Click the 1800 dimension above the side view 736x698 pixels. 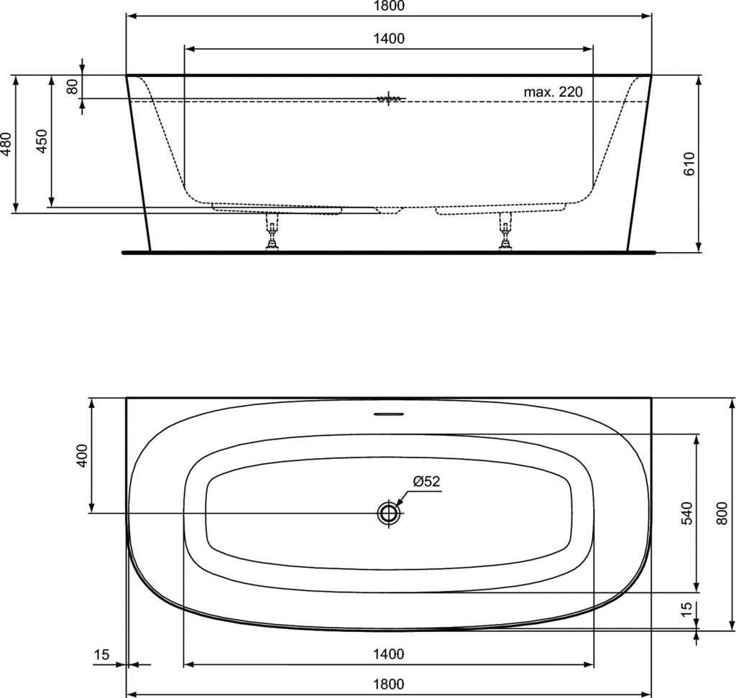coord(389,6)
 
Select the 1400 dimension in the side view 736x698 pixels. coord(389,39)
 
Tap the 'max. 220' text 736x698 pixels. coord(553,92)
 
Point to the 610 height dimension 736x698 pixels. coord(689,164)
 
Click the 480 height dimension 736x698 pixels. coord(6,144)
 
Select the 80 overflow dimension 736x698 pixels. coord(72,86)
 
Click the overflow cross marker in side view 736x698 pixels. coord(389,98)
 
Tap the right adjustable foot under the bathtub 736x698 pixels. coord(506,231)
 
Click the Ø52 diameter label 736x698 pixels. coord(426,482)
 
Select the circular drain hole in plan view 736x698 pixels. coord(389,513)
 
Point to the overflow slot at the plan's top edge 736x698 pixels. coord(389,414)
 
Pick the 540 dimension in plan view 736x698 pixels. coord(686,513)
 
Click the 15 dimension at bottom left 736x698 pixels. coord(101,654)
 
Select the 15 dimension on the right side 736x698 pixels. coord(686,609)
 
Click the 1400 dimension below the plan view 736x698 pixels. coord(389,654)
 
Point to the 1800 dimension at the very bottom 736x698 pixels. coord(389,684)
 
